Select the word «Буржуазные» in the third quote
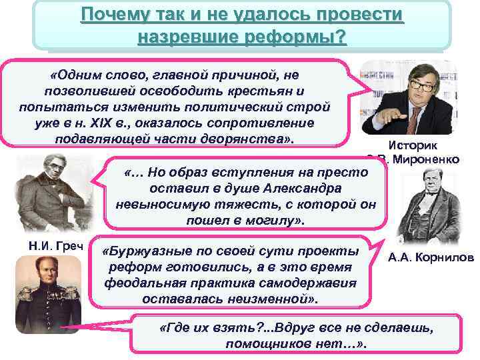(x=142, y=252)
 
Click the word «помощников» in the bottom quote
(x=266, y=345)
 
